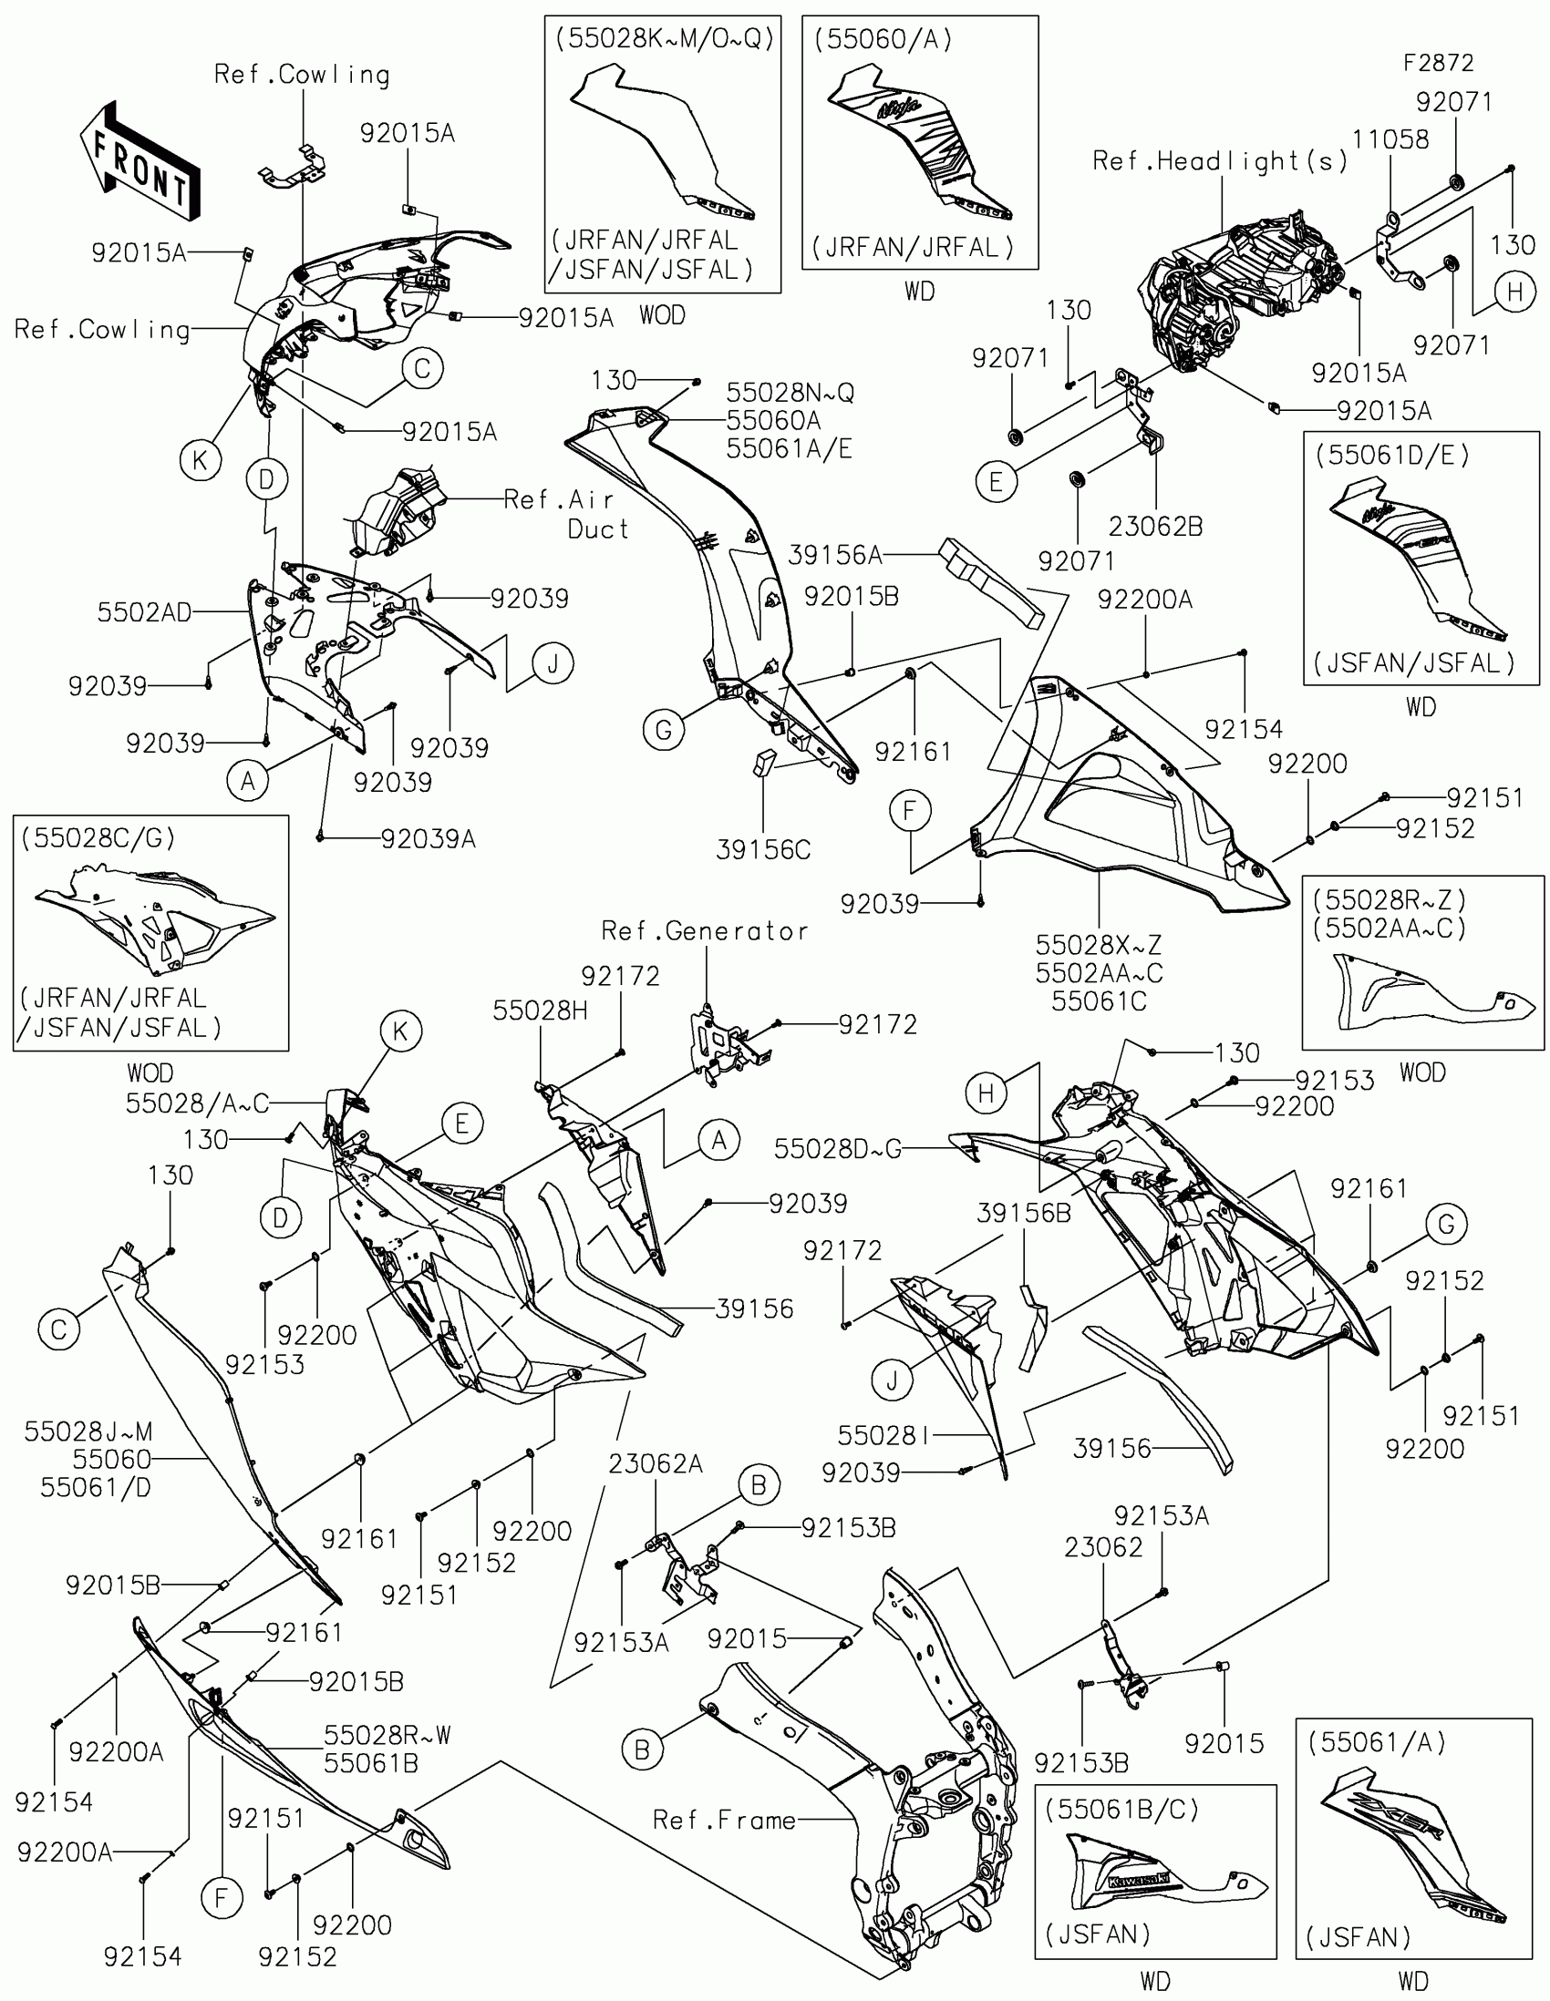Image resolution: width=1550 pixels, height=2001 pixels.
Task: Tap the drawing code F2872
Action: pyautogui.click(x=1438, y=63)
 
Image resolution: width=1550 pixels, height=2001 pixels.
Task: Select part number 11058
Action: pyautogui.click(x=1390, y=140)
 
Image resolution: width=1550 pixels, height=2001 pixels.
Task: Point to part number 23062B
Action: pyautogui.click(x=1155, y=527)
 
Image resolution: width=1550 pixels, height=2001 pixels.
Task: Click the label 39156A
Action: pyautogui.click(x=835, y=555)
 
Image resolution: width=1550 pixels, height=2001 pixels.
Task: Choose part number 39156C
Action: pyautogui.click(x=762, y=850)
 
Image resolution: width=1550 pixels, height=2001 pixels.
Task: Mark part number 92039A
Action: pyautogui.click(x=428, y=839)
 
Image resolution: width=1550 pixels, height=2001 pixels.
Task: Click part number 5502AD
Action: pyautogui.click(x=144, y=613)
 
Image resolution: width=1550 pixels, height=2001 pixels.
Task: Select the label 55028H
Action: pyautogui.click(x=540, y=1011)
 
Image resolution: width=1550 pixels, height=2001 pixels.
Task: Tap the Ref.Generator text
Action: pyautogui.click(x=704, y=932)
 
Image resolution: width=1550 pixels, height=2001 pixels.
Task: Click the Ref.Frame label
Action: pyautogui.click(x=724, y=1820)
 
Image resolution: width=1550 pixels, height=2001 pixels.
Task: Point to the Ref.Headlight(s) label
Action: pyautogui.click(x=1220, y=162)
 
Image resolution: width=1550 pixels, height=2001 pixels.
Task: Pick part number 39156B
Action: pyautogui.click(x=1023, y=1213)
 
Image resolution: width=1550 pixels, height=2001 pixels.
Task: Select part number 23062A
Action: pyautogui.click(x=656, y=1465)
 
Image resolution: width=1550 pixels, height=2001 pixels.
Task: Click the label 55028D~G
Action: pyautogui.click(x=837, y=1150)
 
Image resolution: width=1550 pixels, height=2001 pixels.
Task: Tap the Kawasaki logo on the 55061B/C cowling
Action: pyautogui.click(x=1140, y=1881)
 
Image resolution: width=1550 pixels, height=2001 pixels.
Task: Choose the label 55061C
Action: pyautogui.click(x=1098, y=1001)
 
